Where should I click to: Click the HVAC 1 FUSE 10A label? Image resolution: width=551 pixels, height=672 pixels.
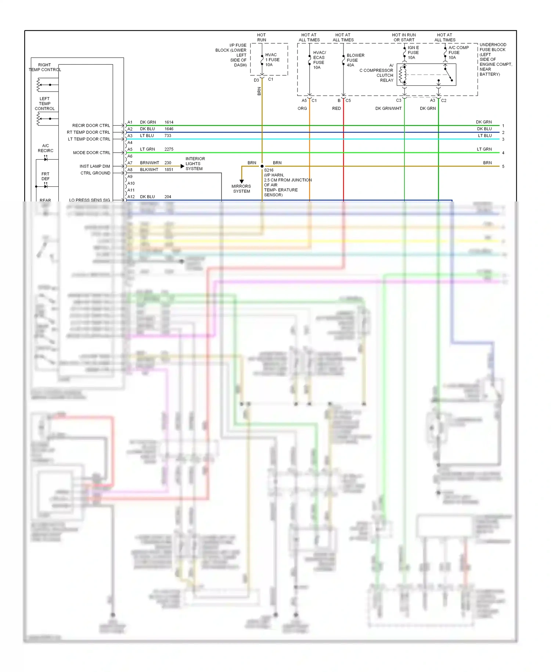point(272,60)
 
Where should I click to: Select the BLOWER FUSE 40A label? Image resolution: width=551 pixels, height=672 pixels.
point(355,60)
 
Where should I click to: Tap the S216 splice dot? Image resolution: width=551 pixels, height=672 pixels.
point(262,166)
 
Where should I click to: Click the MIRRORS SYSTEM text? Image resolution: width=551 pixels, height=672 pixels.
point(241,189)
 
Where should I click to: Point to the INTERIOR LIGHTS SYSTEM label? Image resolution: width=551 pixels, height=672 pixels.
point(195,164)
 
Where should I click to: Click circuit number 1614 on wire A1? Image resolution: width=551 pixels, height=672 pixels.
point(169,122)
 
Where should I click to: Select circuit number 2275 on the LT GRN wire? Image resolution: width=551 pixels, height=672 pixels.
point(169,149)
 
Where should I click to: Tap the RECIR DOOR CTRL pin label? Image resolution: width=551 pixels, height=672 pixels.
point(91,125)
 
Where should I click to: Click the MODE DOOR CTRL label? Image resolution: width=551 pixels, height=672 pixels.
point(91,153)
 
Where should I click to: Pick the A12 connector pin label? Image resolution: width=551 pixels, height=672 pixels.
point(131,197)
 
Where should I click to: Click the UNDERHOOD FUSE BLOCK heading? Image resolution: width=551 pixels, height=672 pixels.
point(493,47)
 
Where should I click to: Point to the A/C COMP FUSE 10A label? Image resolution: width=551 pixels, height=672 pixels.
point(458,53)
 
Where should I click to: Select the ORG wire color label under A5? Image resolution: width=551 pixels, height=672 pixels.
point(302,108)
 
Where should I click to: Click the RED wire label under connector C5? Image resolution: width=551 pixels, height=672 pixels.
point(336,108)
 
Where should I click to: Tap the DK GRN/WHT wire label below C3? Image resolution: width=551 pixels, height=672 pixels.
point(388,108)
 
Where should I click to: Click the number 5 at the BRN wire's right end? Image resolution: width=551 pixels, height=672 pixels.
point(503,167)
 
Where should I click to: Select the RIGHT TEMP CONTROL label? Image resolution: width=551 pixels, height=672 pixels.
point(44,67)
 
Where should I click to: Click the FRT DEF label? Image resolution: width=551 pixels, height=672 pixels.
point(45,176)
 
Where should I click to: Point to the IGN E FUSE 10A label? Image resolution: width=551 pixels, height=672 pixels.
point(413,53)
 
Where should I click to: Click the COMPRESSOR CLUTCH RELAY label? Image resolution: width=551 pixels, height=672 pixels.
point(378,75)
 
